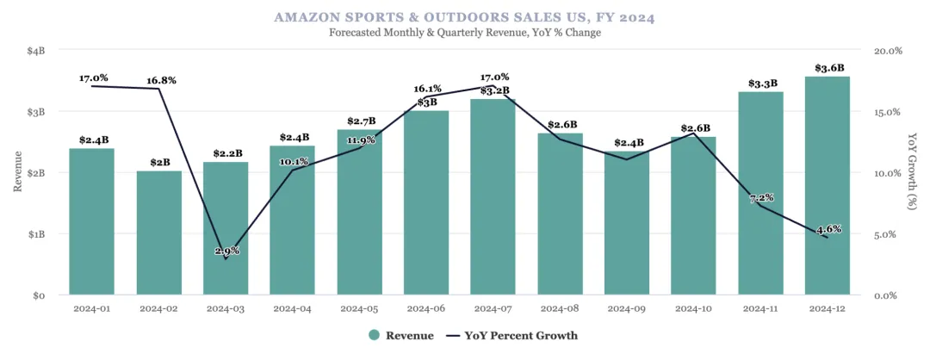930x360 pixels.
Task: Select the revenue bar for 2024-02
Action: tap(159, 233)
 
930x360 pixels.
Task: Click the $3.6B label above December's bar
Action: tap(829, 68)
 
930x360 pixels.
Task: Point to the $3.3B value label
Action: tap(762, 84)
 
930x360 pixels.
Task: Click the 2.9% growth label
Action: tap(226, 251)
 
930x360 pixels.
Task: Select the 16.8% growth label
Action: tap(161, 80)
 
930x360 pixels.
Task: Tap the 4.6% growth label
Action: tap(828, 229)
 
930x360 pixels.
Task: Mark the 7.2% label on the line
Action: tap(761, 198)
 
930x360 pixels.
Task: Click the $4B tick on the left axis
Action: tap(35, 51)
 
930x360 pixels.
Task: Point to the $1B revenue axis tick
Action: tap(35, 234)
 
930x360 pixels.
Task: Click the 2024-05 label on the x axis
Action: tap(359, 307)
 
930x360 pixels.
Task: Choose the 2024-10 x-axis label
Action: tap(693, 307)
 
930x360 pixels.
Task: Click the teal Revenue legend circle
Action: tap(374, 335)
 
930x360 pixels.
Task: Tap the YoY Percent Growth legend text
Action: tap(521, 335)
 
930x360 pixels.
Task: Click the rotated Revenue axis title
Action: tap(17, 172)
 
